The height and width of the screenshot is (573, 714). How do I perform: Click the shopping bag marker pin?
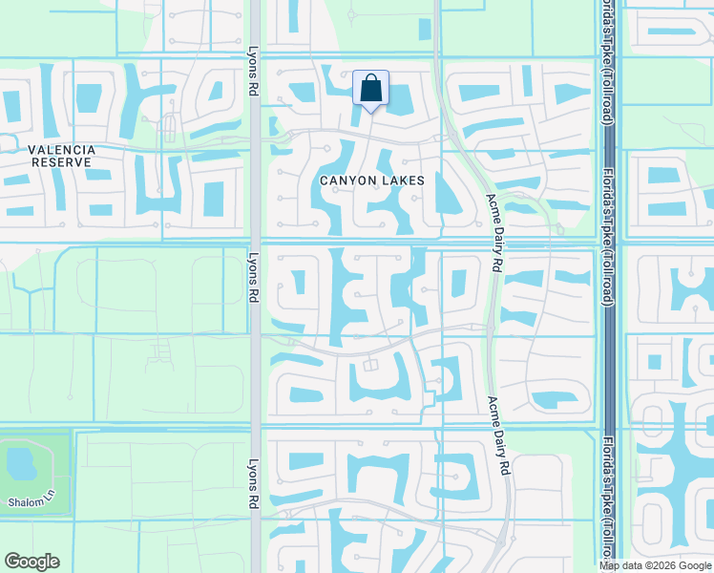(370, 89)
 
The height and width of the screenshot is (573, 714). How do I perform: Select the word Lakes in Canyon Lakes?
(404, 180)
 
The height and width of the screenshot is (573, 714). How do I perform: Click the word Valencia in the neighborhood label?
(61, 150)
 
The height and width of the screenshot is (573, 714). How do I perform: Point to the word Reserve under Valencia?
(61, 162)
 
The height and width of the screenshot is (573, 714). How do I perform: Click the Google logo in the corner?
(31, 562)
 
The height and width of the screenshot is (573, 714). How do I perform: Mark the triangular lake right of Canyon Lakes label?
(445, 199)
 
